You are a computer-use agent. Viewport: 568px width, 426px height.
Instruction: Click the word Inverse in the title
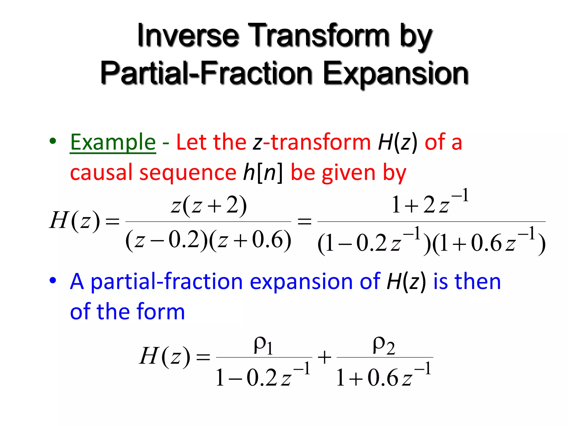tap(188, 36)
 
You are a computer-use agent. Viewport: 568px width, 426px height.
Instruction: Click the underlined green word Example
tap(113, 142)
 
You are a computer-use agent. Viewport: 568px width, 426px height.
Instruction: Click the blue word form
tap(161, 311)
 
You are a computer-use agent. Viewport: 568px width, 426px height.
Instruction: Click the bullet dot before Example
tap(53, 141)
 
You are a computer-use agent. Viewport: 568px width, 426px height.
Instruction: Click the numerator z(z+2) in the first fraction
tap(209, 206)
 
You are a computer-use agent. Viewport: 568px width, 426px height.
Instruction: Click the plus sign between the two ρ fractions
tap(324, 357)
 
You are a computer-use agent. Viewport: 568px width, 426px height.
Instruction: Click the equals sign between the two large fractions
tap(304, 221)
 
